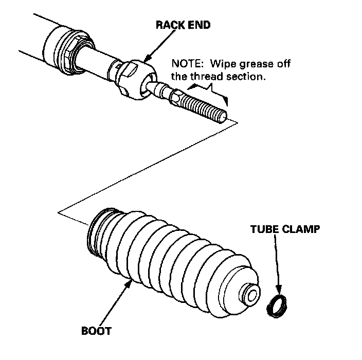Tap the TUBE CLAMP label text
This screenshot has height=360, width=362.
[284, 229]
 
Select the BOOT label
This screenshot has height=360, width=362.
[96, 330]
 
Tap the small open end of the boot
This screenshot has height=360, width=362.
[251, 295]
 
